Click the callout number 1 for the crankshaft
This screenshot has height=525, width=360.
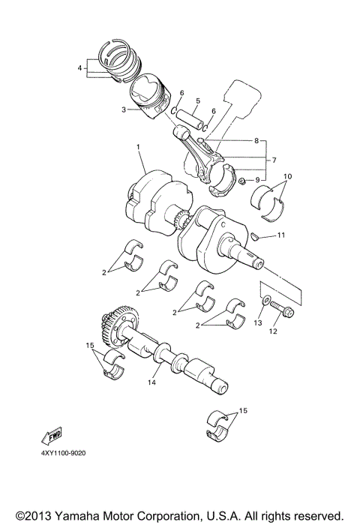pos(139,147)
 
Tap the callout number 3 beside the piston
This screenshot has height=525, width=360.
pos(124,109)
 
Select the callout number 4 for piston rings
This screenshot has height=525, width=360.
pos(79,68)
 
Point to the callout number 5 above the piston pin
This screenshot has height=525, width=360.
pos(197,100)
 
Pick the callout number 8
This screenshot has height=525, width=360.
pos(256,140)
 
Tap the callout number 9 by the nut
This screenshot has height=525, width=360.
pos(257,180)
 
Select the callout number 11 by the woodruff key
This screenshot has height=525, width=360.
pos(280,235)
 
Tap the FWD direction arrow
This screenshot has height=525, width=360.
pos(52,438)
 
